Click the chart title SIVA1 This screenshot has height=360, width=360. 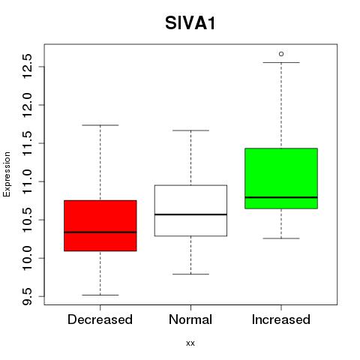tap(190, 23)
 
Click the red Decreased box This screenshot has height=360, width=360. tap(100, 226)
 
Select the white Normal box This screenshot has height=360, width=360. tap(190, 211)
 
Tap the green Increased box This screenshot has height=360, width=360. tap(281, 178)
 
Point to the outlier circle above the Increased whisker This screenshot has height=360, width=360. tap(281, 54)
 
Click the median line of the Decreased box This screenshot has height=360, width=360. tap(100, 232)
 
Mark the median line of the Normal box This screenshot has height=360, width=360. tap(190, 214)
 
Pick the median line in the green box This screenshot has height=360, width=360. tap(281, 197)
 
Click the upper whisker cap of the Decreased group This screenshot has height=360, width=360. tap(100, 125)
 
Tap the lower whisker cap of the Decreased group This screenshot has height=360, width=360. tap(100, 295)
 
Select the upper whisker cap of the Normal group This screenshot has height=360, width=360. tap(190, 130)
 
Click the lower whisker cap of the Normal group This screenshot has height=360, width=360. tap(190, 274)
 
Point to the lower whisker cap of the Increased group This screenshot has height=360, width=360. tap(281, 238)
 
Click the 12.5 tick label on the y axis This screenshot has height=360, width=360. tap(27, 67)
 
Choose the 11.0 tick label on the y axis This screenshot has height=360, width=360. tap(27, 181)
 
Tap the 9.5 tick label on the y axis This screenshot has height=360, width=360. tap(27, 296)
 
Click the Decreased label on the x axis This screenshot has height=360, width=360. tap(100, 319)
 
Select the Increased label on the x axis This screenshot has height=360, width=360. tap(281, 319)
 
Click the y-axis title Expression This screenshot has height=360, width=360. tap(7, 174)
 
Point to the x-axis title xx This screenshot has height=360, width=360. tap(190, 343)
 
